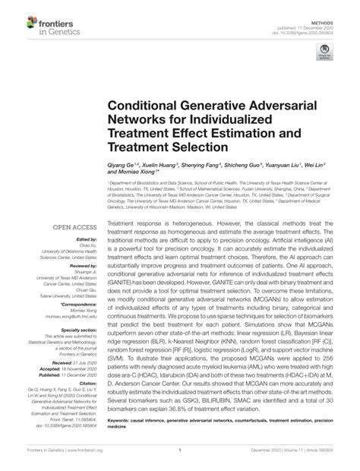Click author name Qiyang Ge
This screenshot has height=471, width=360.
pyautogui.click(x=122, y=164)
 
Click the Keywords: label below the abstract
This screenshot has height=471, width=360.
pyautogui.click(x=124, y=417)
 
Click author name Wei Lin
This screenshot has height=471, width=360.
pyautogui.click(x=309, y=164)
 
